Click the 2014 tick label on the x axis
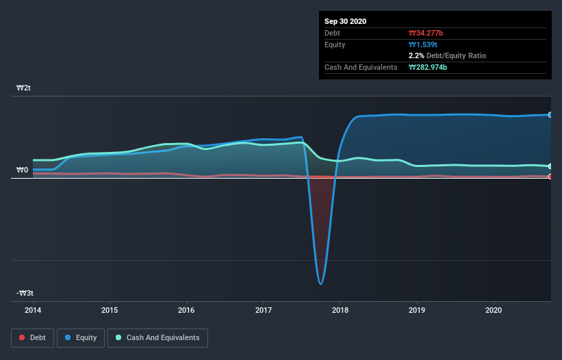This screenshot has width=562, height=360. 33,309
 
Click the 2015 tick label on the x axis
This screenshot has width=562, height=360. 110,309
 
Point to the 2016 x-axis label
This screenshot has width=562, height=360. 187,309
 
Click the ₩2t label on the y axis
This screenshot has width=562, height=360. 24,88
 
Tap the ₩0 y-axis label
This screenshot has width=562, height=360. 23,170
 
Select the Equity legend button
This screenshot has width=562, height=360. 81,337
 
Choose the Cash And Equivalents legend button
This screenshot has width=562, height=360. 157,337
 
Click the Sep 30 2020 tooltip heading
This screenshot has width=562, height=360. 346,21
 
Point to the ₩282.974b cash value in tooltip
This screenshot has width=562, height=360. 429,67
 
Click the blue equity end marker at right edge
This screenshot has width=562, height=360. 550,115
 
